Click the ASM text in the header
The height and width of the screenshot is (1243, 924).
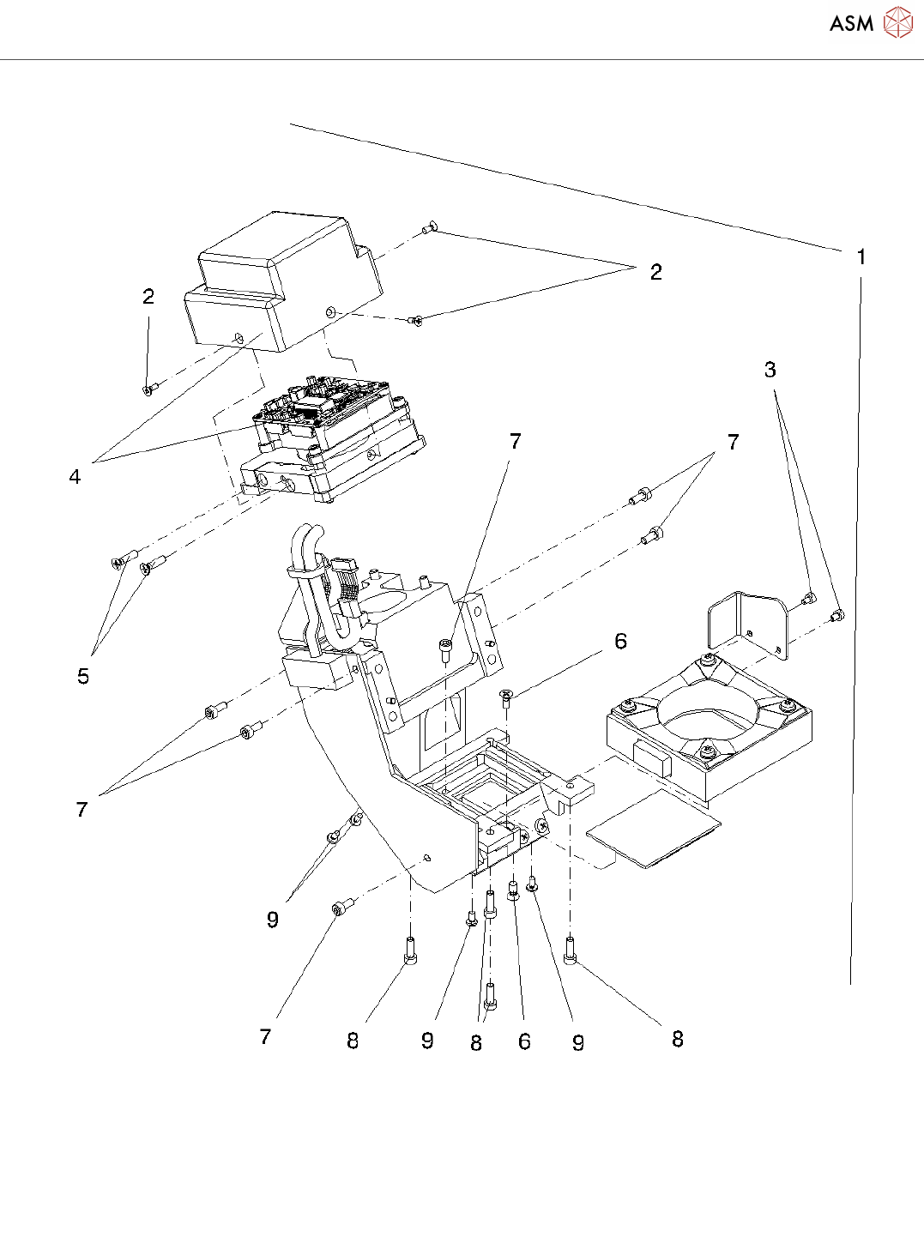tap(851, 23)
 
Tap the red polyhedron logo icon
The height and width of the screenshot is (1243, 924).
tap(898, 22)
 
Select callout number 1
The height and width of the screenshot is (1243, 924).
tap(861, 256)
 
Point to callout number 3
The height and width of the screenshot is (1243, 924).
tap(770, 370)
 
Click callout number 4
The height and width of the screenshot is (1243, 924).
tap(75, 477)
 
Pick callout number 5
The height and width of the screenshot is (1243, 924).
tap(83, 676)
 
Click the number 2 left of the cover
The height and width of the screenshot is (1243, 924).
tap(148, 297)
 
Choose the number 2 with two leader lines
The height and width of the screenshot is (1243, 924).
tap(655, 273)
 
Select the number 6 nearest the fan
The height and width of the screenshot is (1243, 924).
tap(620, 642)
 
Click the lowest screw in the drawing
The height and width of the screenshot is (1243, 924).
tap(490, 996)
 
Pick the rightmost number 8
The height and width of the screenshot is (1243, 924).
tap(677, 1040)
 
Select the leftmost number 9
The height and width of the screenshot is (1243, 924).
tap(272, 920)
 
